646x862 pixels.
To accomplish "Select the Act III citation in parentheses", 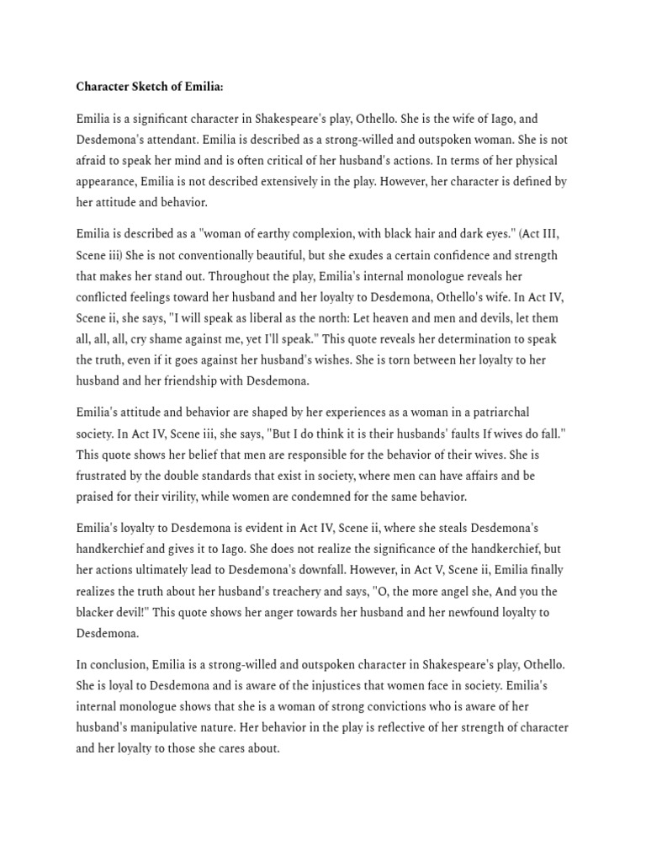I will [x=546, y=234].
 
